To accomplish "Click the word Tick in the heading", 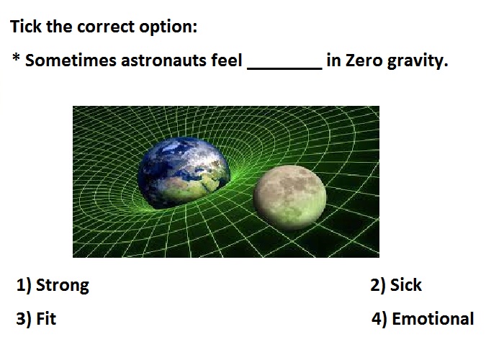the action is click(26, 26).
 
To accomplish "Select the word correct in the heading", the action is click(105, 27).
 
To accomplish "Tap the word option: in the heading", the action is click(168, 27).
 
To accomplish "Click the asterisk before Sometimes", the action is click(16, 58).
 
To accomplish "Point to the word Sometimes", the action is click(71, 60).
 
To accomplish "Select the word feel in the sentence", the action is click(227, 60).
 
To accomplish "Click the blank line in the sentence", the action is click(284, 68).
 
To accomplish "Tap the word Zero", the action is click(364, 60).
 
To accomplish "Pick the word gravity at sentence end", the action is click(417, 61).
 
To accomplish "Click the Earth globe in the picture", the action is click(184, 173).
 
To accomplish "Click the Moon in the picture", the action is click(289, 197).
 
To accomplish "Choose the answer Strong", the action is click(63, 286).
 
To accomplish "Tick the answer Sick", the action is click(405, 285).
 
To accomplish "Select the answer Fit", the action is click(46, 319).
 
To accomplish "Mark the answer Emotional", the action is click(433, 319).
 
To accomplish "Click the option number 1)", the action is click(24, 285).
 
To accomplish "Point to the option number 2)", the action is click(377, 285).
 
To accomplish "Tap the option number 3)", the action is click(24, 319).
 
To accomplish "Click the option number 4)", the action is click(379, 319).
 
